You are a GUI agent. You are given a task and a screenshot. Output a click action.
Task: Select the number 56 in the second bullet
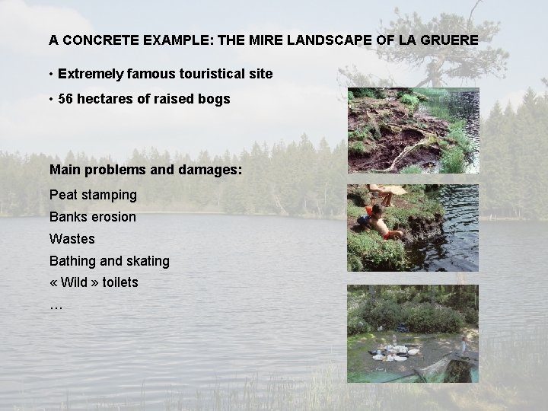(65, 99)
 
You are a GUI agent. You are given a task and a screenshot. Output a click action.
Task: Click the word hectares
(104, 99)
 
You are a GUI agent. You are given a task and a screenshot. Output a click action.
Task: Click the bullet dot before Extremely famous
(49, 75)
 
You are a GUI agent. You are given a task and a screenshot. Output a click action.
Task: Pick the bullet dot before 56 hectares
(49, 99)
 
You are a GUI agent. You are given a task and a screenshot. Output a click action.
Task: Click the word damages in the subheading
(213, 169)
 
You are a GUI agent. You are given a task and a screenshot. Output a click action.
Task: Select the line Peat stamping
(93, 195)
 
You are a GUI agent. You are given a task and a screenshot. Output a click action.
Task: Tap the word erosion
(114, 217)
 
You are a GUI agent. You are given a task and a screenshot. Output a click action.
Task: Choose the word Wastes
(72, 239)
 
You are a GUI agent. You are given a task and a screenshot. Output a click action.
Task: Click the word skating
(148, 261)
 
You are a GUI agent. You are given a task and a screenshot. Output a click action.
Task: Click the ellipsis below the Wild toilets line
(55, 305)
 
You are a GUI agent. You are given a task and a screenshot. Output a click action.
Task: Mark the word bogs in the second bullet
(215, 99)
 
